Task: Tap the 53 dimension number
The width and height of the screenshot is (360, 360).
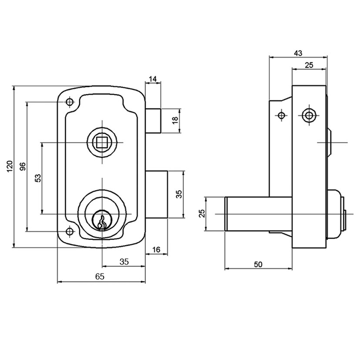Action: [37, 178]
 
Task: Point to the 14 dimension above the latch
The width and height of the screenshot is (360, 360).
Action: [153, 79]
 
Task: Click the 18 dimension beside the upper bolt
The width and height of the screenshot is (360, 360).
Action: [175, 121]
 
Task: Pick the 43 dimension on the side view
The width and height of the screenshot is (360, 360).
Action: [297, 53]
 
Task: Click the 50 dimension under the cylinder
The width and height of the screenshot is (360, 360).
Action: [258, 264]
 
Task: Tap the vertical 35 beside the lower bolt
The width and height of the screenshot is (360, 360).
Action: [179, 194]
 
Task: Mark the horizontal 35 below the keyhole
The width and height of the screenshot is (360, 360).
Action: [124, 261]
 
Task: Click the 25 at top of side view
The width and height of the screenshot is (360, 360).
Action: [309, 65]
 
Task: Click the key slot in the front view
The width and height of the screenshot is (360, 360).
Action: [102, 221]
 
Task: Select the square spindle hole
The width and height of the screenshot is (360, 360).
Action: [102, 143]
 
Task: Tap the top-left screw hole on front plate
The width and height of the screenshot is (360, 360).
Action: [69, 102]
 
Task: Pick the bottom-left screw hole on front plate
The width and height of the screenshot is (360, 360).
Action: [69, 232]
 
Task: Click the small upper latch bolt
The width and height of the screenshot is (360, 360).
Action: [153, 121]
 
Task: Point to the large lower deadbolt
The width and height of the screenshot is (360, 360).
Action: [157, 194]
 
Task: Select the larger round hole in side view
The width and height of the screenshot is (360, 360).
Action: [309, 115]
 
